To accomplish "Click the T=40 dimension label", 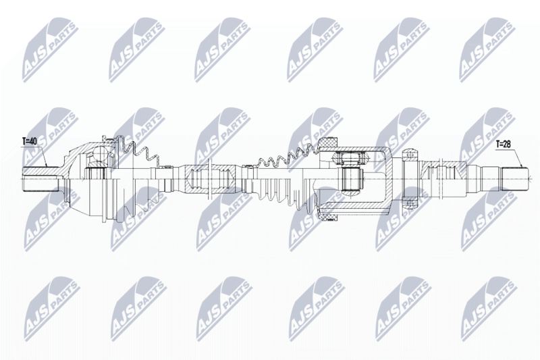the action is (x=29, y=141).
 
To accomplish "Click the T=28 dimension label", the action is (x=503, y=145).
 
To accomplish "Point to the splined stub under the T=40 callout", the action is (x=40, y=179).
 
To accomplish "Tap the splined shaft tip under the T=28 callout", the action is (x=514, y=178).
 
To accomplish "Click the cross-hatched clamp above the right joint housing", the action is (x=328, y=143).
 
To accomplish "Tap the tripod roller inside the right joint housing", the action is (x=351, y=179).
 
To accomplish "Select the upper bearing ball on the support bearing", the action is (x=409, y=154).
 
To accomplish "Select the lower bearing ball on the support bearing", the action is (x=409, y=203).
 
